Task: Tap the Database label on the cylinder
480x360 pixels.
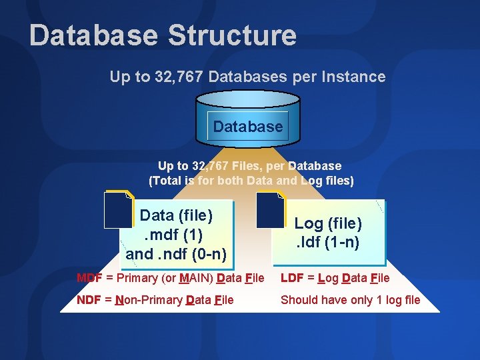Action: [x=248, y=126]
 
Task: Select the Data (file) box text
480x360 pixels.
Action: [x=176, y=215]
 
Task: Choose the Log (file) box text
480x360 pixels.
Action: [x=328, y=223]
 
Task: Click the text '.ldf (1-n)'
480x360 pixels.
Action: [x=328, y=242]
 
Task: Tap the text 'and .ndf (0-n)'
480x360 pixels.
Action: [x=176, y=254]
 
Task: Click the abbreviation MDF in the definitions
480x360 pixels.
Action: [x=89, y=278]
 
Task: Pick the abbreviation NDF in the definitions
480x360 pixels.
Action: [x=89, y=300]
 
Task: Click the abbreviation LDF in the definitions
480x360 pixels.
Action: [x=293, y=278]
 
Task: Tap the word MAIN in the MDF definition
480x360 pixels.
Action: [x=195, y=278]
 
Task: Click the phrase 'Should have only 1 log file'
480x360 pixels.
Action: [x=350, y=300]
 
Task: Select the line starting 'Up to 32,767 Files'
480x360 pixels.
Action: [x=249, y=166]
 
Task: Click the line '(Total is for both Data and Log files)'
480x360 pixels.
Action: [x=251, y=181]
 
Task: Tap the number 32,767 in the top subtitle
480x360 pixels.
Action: [x=179, y=77]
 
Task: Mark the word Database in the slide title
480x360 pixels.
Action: [x=93, y=35]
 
